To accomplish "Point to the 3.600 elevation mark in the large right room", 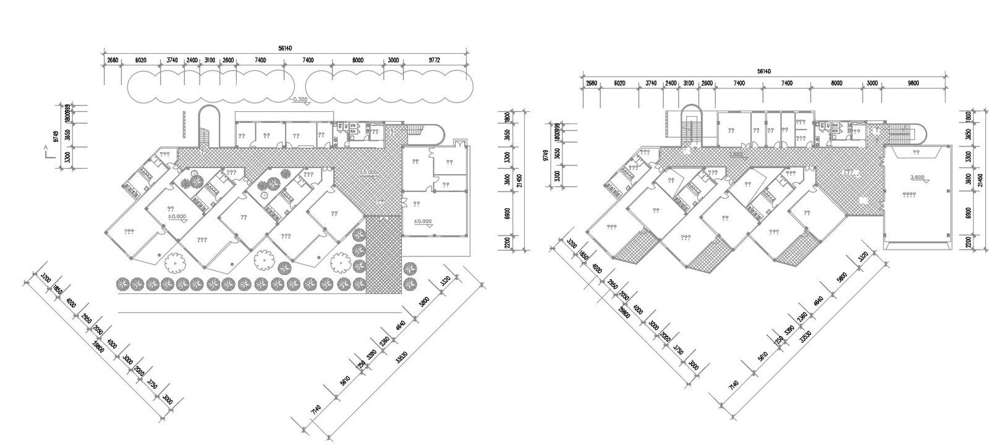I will click(x=917, y=178).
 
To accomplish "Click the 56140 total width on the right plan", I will click(x=765, y=72).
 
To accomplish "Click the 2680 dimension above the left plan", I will click(x=112, y=60).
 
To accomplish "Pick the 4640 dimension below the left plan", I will click(x=401, y=325).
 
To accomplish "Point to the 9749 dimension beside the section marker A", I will click(x=56, y=137).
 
